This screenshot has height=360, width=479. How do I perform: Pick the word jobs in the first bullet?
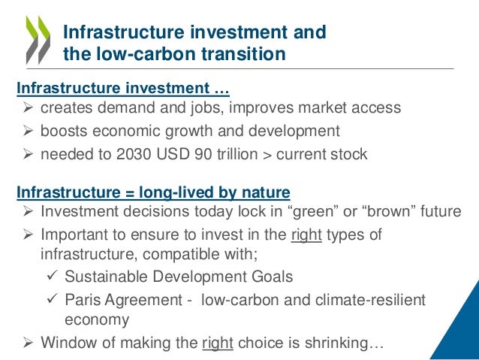pyautogui.click(x=190, y=108)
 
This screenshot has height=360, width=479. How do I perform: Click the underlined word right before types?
pyautogui.click(x=306, y=234)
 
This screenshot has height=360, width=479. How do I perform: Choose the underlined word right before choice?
pyautogui.click(x=218, y=345)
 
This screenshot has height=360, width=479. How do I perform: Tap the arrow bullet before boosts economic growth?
pyautogui.click(x=27, y=132)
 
